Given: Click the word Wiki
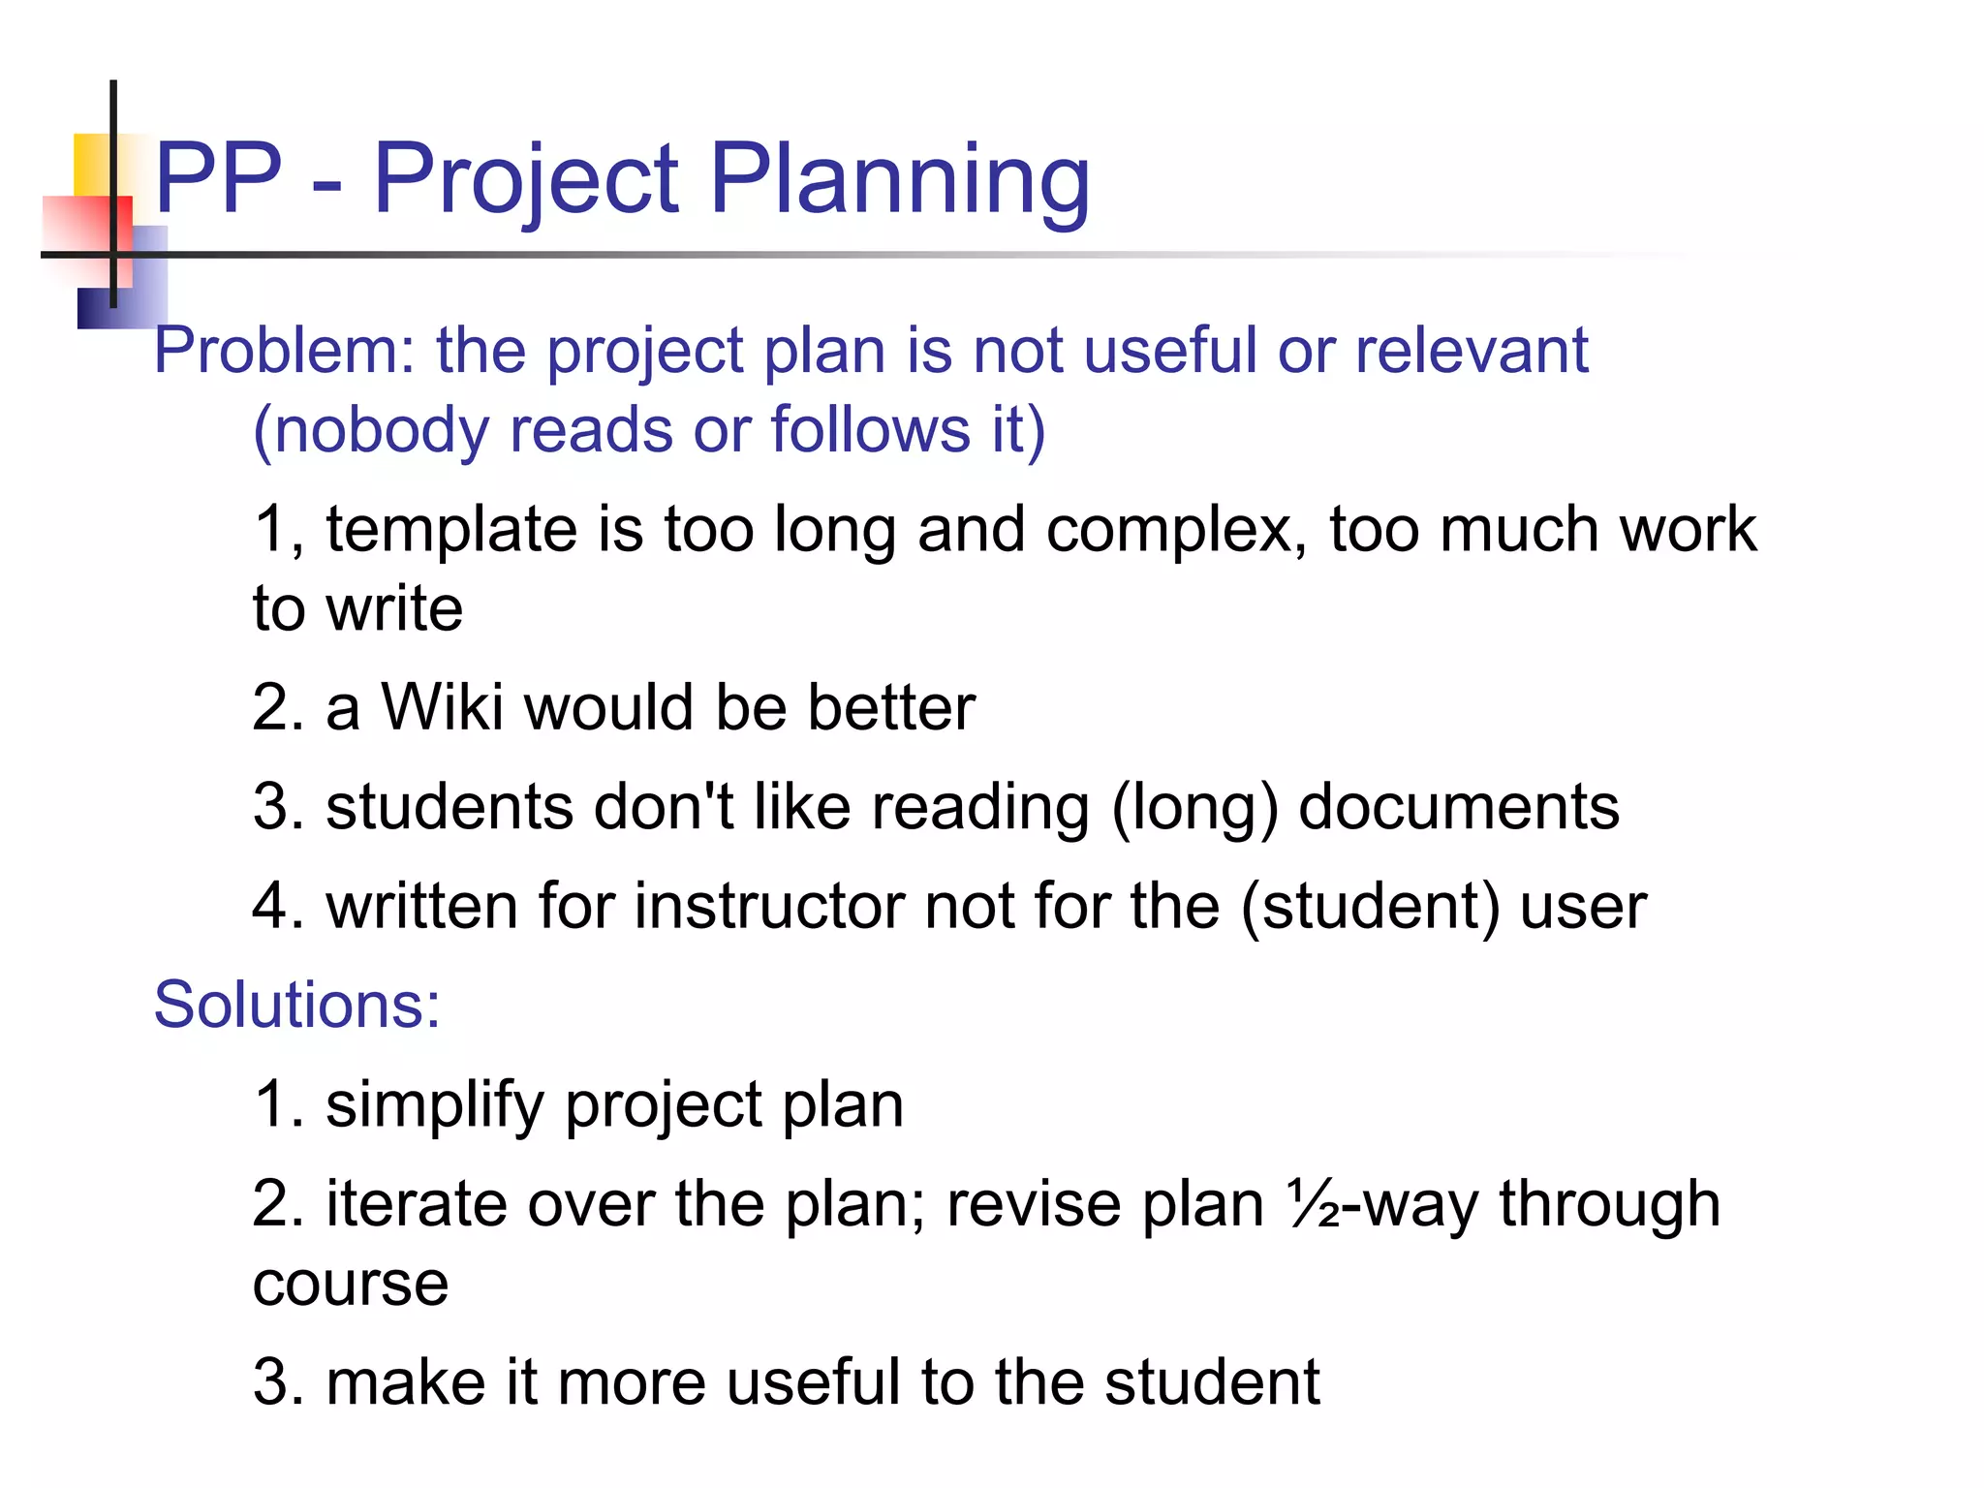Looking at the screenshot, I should pos(442,707).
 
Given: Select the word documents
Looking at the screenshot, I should pos(1458,807).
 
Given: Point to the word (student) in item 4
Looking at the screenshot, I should pos(1370,908).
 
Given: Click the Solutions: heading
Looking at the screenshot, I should pos(296,1005).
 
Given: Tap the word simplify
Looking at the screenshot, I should pos(435,1105).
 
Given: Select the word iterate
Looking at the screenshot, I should pos(417,1204).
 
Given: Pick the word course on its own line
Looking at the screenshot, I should pos(351,1285).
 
